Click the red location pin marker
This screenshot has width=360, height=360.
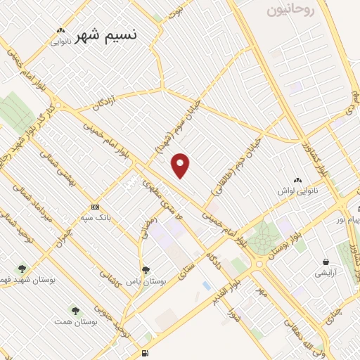point(181,166)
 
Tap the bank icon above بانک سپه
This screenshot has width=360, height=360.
point(95,207)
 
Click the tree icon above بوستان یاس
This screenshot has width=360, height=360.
point(146,269)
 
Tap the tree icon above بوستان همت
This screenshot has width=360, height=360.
point(75,310)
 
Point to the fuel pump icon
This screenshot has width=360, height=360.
point(145,353)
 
